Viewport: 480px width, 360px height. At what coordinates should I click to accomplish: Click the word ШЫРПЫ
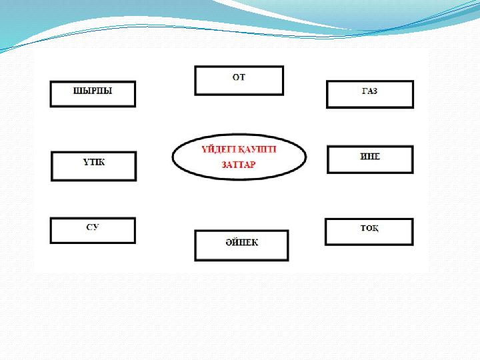coord(93,91)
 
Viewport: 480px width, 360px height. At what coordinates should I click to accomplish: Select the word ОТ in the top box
coord(239,77)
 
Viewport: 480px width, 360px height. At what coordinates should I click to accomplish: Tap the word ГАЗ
coord(369,91)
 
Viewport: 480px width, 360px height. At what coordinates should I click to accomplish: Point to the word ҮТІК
coord(94,162)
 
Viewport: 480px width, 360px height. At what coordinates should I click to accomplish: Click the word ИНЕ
coord(370,157)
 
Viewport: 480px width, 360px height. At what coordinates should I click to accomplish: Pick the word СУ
coord(93,227)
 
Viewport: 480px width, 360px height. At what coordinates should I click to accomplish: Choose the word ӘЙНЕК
coord(242,243)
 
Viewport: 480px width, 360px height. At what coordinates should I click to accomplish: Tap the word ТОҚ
coord(369,228)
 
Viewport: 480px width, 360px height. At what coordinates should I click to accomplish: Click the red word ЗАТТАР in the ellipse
coord(239,165)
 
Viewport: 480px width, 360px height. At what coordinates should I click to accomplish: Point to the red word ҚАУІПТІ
coord(257,150)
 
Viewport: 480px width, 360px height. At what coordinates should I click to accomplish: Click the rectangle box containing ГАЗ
coord(370,94)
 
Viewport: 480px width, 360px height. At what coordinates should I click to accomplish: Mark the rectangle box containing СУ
coord(93,231)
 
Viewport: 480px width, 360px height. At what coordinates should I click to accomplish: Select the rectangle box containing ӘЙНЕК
coord(241,245)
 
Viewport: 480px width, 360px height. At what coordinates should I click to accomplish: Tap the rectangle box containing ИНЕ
coord(370,159)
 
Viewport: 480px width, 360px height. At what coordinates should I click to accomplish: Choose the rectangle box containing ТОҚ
coord(369,232)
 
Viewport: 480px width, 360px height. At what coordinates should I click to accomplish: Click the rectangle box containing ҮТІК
coord(94,166)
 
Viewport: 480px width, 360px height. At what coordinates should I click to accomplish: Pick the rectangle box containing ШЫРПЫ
coord(93,94)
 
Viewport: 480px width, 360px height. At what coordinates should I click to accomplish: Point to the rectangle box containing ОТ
coord(239,81)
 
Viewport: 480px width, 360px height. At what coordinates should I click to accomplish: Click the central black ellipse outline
coord(239,157)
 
